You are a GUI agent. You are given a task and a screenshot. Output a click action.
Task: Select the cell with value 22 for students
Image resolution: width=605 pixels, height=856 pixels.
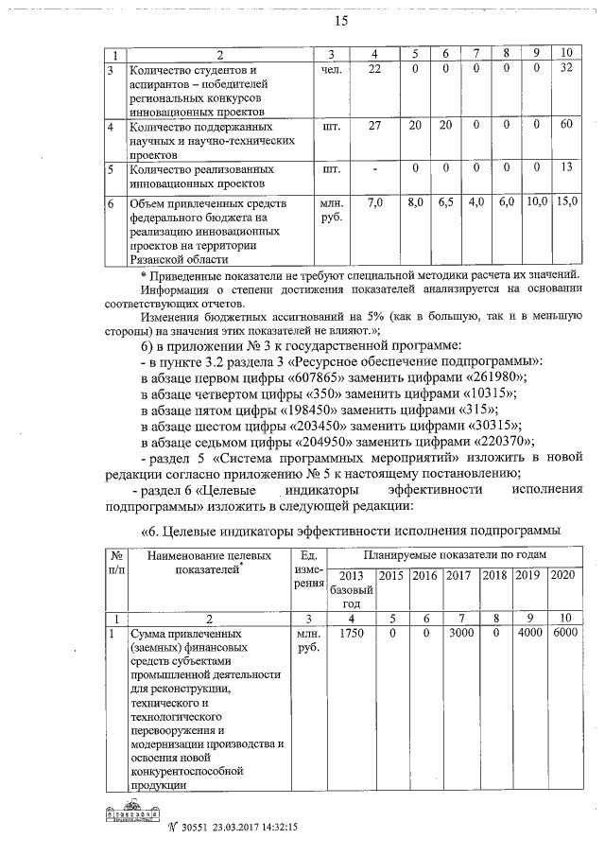tap(374, 69)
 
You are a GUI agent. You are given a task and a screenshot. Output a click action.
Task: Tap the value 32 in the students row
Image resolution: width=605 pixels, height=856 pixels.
tap(566, 69)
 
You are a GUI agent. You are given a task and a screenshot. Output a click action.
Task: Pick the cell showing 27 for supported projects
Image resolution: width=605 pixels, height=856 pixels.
tap(374, 125)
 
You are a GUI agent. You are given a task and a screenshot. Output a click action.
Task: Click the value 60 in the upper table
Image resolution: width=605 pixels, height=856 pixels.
tap(566, 125)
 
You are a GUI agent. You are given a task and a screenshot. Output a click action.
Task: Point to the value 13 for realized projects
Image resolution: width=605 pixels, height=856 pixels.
tap(566, 167)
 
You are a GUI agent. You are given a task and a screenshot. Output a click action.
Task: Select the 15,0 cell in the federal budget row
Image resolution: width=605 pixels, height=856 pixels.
tap(566, 202)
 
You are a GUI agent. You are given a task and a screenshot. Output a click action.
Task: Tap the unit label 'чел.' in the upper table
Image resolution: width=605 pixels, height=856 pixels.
tap(332, 69)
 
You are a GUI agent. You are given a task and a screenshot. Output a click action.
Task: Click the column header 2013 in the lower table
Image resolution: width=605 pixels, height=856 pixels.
tap(351, 576)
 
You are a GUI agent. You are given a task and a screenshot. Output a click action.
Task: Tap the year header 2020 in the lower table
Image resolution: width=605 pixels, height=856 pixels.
tap(562, 576)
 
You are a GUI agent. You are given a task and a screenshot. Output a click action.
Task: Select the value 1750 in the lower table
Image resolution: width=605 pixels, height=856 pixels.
tap(351, 633)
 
